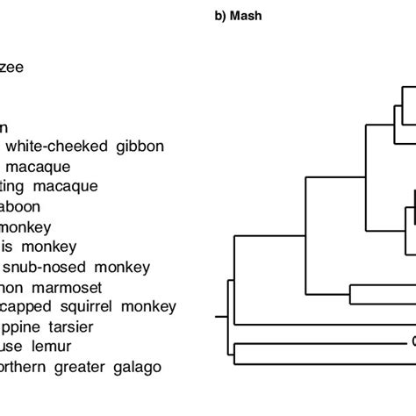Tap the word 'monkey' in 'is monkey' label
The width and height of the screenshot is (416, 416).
(45, 247)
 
